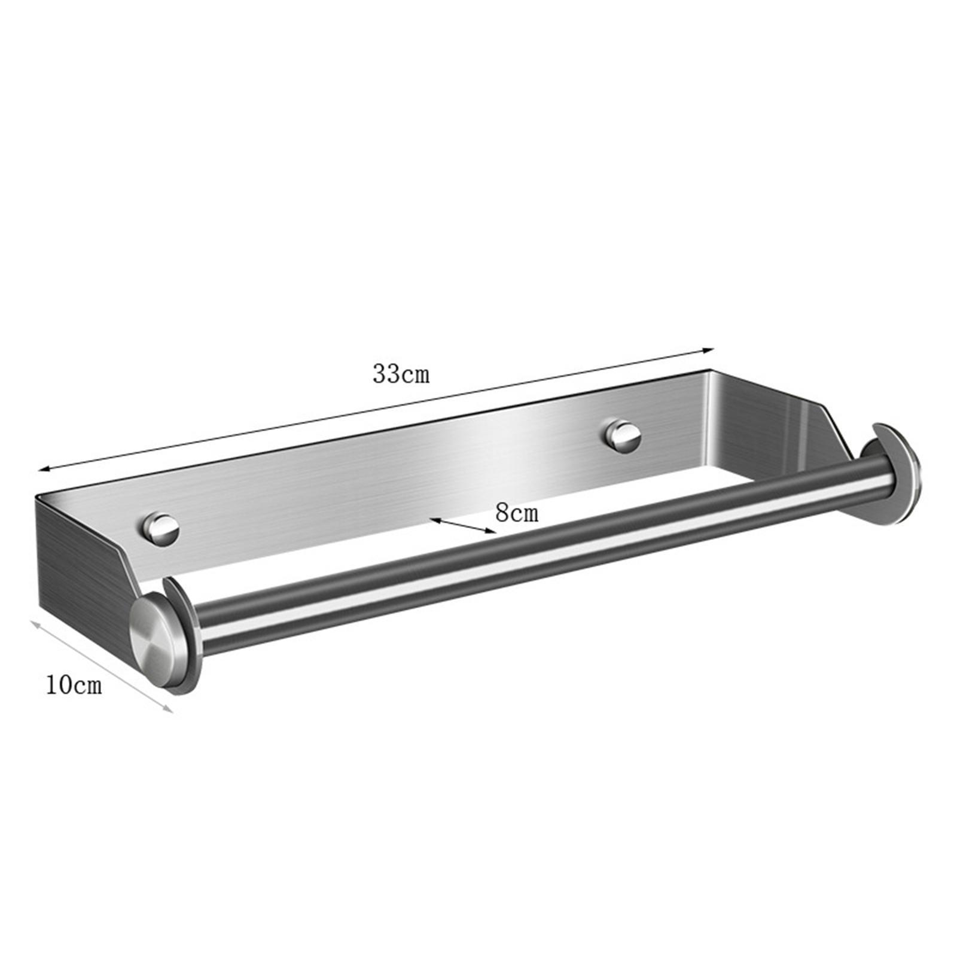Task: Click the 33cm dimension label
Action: pos(401,374)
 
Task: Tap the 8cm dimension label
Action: pos(517,513)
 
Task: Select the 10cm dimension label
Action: pos(74,685)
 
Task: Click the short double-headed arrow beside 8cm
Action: pos(464,525)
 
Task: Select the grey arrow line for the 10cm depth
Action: pos(102,666)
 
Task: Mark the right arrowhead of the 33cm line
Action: pos(711,350)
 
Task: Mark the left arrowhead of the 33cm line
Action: pos(43,470)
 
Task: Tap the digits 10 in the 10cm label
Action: pos(60,685)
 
